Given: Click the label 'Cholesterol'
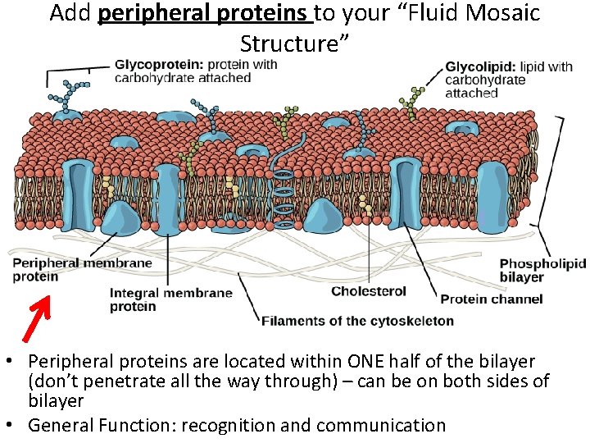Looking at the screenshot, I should (368, 291).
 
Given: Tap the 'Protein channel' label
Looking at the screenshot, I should (491, 299).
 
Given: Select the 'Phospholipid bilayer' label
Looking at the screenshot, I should (542, 271).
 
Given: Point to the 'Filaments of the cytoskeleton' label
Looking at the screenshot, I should (357, 320).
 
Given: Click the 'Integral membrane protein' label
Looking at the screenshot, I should (171, 299).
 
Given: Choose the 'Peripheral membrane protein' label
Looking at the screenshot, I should (82, 269).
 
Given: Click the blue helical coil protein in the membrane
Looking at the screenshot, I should (284, 197).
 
